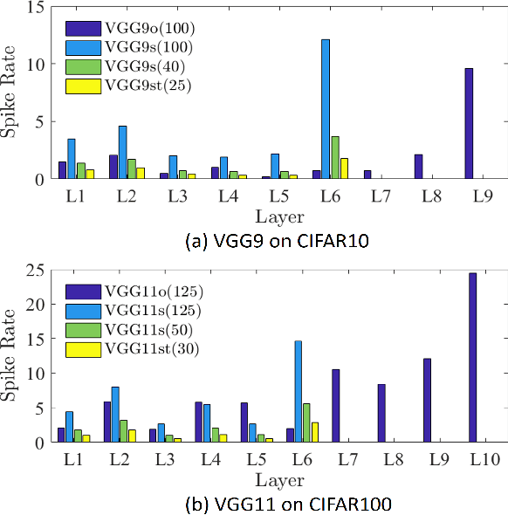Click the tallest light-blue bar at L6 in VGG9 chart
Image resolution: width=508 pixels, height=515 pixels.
pos(326,109)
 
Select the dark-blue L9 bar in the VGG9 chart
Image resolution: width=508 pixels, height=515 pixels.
pos(469,124)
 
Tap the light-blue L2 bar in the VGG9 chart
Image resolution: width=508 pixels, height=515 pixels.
pos(122,153)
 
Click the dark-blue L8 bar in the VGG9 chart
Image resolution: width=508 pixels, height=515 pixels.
pos(419,167)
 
